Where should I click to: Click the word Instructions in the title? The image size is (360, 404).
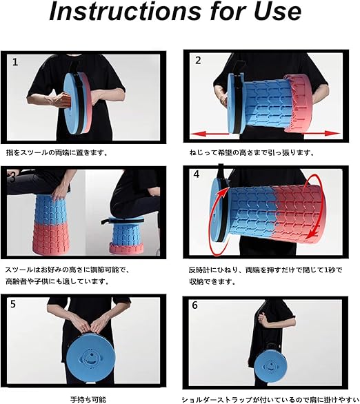(125, 12)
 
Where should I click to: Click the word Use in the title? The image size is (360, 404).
(277, 12)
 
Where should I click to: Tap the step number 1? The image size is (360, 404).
(15, 62)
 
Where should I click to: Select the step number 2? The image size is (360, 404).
(198, 60)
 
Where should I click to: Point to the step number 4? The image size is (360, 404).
(197, 174)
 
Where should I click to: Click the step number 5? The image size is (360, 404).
(13, 304)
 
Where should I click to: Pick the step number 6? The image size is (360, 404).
(194, 305)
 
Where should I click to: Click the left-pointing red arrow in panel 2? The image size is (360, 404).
(209, 134)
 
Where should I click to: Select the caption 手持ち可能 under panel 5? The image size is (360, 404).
(88, 399)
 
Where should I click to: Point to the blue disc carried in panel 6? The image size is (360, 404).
(270, 365)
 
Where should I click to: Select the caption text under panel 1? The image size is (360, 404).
(56, 153)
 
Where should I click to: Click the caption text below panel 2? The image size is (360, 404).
(252, 153)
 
